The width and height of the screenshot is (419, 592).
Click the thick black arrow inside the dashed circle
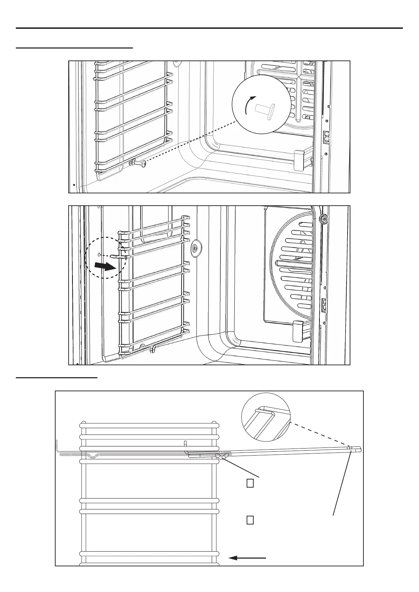pyautogui.click(x=106, y=267)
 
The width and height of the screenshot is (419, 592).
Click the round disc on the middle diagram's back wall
pyautogui.click(x=194, y=249)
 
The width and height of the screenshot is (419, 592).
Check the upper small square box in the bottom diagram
pyautogui.click(x=250, y=483)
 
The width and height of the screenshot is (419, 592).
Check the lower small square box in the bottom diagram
pyautogui.click(x=250, y=520)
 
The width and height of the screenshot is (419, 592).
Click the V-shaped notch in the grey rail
pyautogui.click(x=93, y=456)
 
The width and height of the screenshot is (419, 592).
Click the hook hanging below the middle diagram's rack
pyautogui.click(x=153, y=349)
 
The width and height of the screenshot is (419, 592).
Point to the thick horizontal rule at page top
pyautogui.click(x=209, y=28)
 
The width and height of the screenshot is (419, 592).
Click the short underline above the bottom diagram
pyautogui.click(x=56, y=378)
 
